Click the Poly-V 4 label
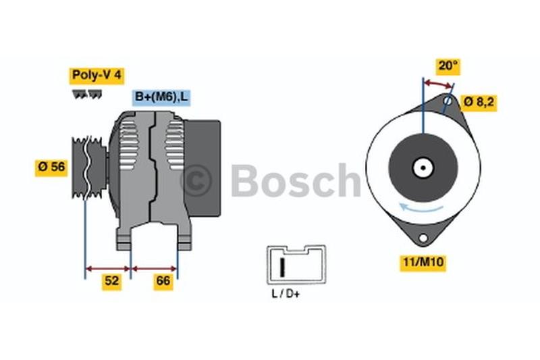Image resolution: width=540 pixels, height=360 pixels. [x=97, y=75]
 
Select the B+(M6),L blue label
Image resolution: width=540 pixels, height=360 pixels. [x=161, y=97]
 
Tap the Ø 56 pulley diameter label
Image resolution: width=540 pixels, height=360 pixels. [x=51, y=167]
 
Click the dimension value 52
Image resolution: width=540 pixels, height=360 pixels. [x=111, y=281]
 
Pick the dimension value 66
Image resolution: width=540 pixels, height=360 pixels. [x=163, y=281]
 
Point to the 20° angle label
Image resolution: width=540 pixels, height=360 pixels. [x=448, y=66]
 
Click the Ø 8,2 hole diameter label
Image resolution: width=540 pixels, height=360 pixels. [x=479, y=102]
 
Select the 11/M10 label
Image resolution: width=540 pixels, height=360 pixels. [x=423, y=262]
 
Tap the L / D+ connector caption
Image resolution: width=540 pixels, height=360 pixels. [x=286, y=294]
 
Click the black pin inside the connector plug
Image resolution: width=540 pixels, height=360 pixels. [x=283, y=267]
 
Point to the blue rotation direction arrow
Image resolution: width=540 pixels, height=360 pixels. [x=421, y=207]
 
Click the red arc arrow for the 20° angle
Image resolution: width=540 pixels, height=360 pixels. [x=437, y=84]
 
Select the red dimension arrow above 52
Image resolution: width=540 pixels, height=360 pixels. [x=108, y=269]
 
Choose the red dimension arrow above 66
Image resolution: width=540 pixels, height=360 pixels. [x=155, y=269]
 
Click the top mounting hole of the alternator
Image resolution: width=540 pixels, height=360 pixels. [x=448, y=101]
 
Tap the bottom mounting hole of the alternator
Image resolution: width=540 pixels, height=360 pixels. [x=423, y=238]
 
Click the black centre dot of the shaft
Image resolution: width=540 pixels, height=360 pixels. [x=423, y=168]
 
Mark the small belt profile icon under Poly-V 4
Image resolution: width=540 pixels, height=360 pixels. [x=87, y=95]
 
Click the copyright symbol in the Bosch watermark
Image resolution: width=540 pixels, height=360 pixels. [x=196, y=180]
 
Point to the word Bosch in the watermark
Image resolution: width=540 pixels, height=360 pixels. [x=296, y=180]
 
